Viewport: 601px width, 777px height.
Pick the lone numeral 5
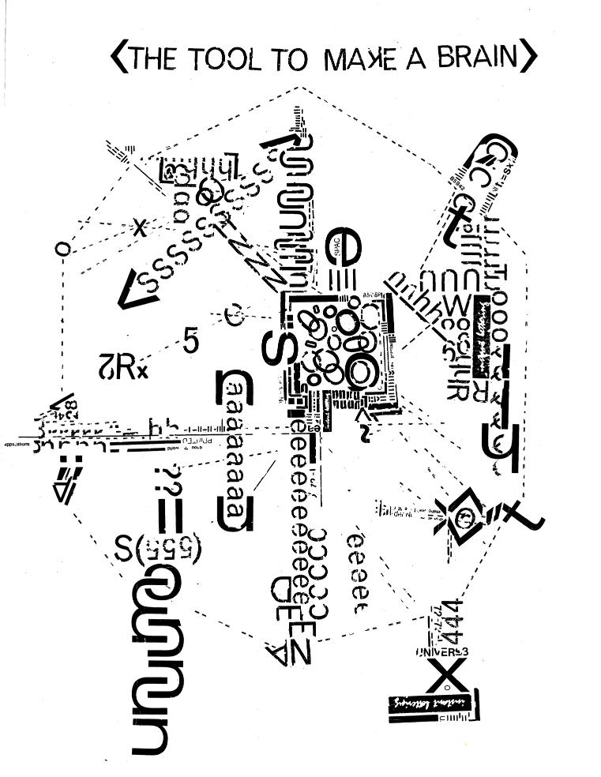[x=190, y=340]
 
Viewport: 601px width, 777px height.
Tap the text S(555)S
[x=159, y=547]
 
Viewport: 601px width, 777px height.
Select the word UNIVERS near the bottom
[x=442, y=651]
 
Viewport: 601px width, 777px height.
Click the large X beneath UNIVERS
[x=447, y=676]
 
